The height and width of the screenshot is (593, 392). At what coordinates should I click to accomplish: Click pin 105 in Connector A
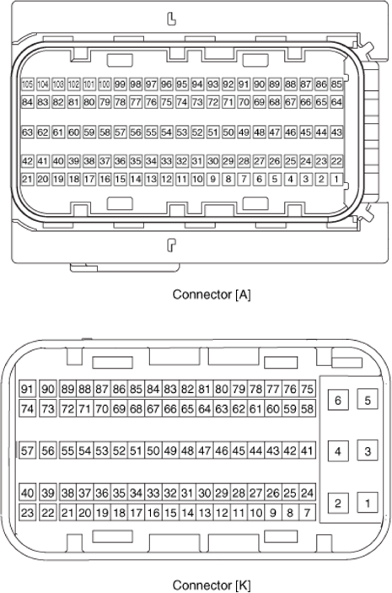pos(27,85)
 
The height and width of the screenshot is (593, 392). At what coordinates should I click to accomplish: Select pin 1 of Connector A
pos(336,179)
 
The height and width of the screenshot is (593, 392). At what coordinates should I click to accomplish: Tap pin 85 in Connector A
pos(336,85)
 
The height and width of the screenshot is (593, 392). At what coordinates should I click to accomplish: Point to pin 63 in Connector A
pos(27,132)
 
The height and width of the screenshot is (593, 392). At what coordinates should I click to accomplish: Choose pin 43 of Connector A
pos(336,132)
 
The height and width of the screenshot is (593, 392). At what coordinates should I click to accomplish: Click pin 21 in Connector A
pos(27,179)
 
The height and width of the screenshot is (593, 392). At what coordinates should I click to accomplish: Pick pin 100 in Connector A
pos(105,85)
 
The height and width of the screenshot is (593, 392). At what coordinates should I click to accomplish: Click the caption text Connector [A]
pos(212,294)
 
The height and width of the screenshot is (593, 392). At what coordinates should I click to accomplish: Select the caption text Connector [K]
pos(212,585)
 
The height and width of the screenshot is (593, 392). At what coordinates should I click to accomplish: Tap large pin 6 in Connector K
pos(337,400)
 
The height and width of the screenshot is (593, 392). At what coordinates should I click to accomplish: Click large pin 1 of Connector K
pos(368,504)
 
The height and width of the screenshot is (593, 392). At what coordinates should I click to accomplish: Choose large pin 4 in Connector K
pos(337,451)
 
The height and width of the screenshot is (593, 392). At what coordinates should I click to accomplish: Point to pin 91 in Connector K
pos(27,389)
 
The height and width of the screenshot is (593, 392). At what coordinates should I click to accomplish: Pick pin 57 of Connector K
pos(27,451)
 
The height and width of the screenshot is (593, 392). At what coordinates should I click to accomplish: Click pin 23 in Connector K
pos(27,512)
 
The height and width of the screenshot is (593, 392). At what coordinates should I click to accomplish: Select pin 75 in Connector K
pos(307,389)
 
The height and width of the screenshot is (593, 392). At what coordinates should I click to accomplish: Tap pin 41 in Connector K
pos(307,451)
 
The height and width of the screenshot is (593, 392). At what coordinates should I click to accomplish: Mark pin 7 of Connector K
pos(307,512)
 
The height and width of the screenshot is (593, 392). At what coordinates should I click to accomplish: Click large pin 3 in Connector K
pos(368,451)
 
